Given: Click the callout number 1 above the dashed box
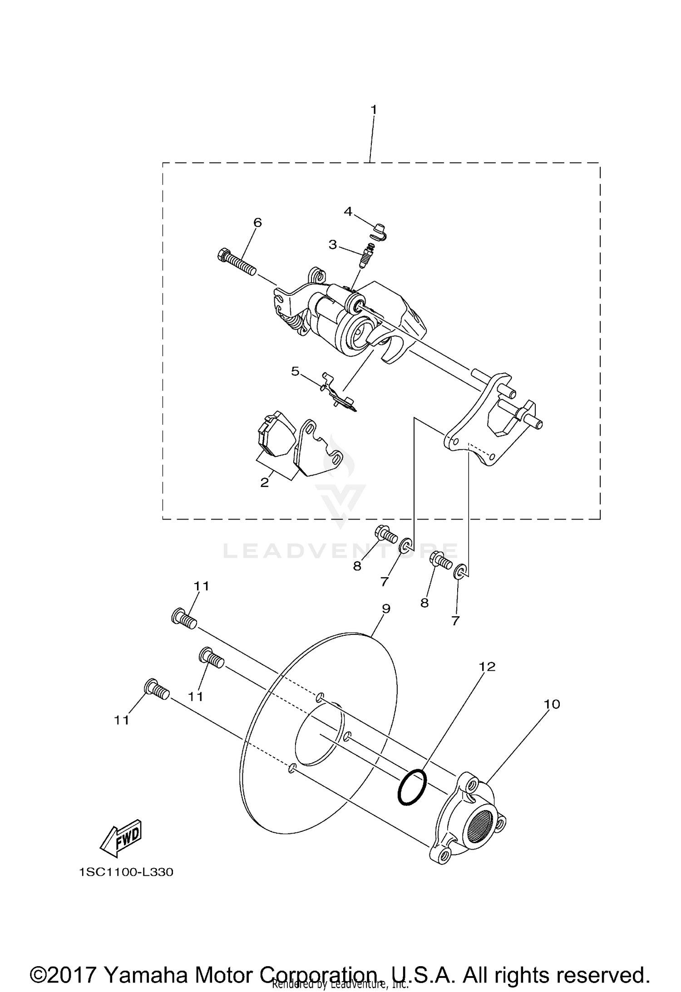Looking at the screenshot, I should click(374, 110).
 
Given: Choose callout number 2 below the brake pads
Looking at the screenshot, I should click(265, 482).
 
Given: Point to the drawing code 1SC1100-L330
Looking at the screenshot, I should click(126, 872).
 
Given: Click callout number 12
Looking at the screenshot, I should click(487, 666).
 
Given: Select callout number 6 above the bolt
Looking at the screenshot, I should click(257, 222).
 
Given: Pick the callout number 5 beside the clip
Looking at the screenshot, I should click(295, 371).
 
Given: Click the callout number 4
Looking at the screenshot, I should click(348, 211).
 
